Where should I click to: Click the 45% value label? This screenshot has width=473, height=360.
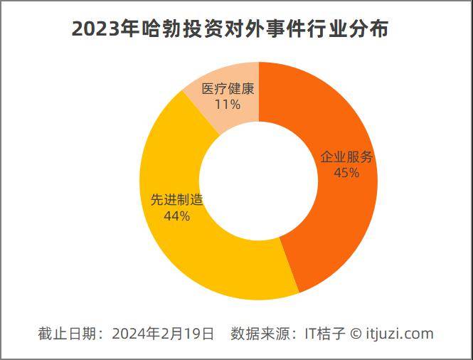346,173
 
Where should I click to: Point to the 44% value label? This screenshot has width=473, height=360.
176,216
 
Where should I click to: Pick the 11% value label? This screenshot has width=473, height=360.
228,105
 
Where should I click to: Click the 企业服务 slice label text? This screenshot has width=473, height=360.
346,157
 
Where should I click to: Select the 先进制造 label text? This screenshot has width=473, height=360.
177,200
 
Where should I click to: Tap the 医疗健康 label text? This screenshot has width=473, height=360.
228,90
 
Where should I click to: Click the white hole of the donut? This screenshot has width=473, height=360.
259,181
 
